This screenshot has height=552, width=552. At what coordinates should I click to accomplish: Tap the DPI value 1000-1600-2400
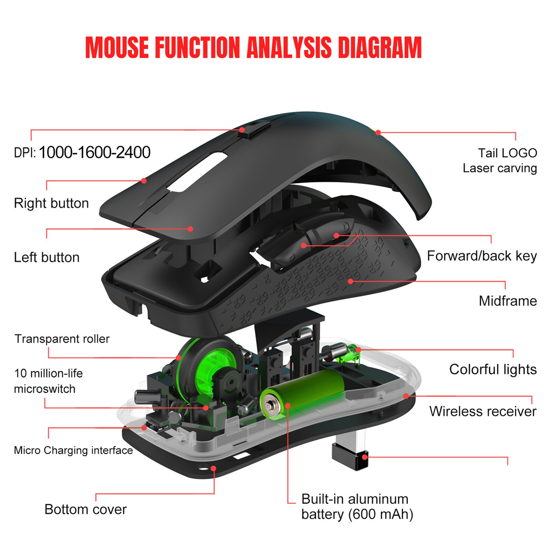tap(95, 152)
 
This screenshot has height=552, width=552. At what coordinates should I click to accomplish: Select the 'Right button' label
tap(51, 203)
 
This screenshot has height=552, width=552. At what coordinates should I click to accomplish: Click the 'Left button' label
tap(47, 257)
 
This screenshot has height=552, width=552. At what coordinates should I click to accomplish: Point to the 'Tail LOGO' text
tap(507, 153)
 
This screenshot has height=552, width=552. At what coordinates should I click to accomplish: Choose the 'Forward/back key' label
tap(482, 256)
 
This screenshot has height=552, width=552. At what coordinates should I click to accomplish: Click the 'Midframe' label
tap(507, 301)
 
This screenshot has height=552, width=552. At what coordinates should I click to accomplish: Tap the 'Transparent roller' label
tap(62, 339)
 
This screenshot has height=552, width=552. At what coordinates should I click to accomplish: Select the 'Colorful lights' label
tap(493, 369)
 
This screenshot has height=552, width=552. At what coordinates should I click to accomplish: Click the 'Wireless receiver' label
tap(483, 411)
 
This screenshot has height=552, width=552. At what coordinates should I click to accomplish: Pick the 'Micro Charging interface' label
tap(73, 450)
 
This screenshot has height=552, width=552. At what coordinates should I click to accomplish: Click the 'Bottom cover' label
tap(86, 509)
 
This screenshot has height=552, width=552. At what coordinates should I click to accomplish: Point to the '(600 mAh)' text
tap(381, 514)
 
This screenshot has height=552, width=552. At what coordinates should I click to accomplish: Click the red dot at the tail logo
tap(378, 132)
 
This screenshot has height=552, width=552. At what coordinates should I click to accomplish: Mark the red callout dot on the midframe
tap(351, 282)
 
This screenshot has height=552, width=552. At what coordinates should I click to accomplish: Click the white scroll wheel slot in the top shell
tap(197, 172)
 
